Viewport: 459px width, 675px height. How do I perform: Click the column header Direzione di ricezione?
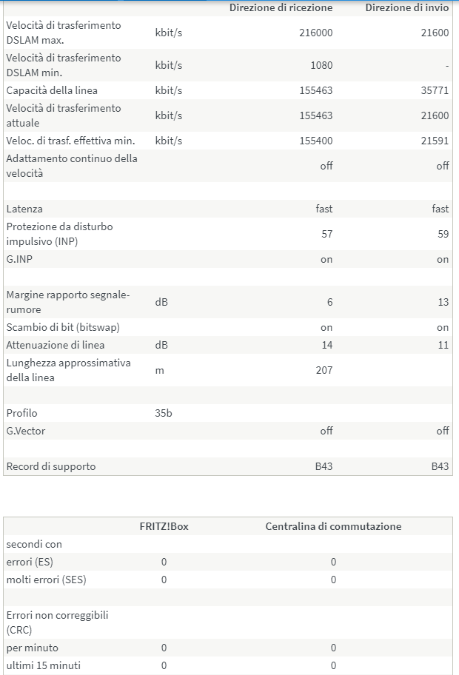(281, 7)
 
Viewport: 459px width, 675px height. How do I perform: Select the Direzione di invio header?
(406, 7)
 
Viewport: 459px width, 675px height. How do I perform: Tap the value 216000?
(315, 33)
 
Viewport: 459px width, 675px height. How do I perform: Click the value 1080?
(321, 65)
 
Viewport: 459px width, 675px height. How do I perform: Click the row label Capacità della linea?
(52, 90)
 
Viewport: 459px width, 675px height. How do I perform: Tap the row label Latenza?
(24, 209)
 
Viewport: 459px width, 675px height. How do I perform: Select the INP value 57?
(326, 234)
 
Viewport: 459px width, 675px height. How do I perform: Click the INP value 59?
(443, 234)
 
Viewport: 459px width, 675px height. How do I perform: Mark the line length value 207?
(324, 370)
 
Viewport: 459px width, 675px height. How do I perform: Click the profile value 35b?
(164, 413)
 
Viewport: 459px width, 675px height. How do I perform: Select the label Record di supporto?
(51, 466)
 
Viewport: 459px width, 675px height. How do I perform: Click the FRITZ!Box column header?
(163, 526)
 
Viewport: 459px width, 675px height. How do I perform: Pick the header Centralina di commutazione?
(333, 526)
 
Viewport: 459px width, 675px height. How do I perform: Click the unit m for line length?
(159, 370)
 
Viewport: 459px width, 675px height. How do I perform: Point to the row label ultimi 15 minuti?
(43, 665)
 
